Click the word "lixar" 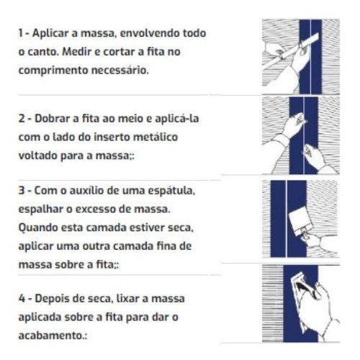click(120, 297)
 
